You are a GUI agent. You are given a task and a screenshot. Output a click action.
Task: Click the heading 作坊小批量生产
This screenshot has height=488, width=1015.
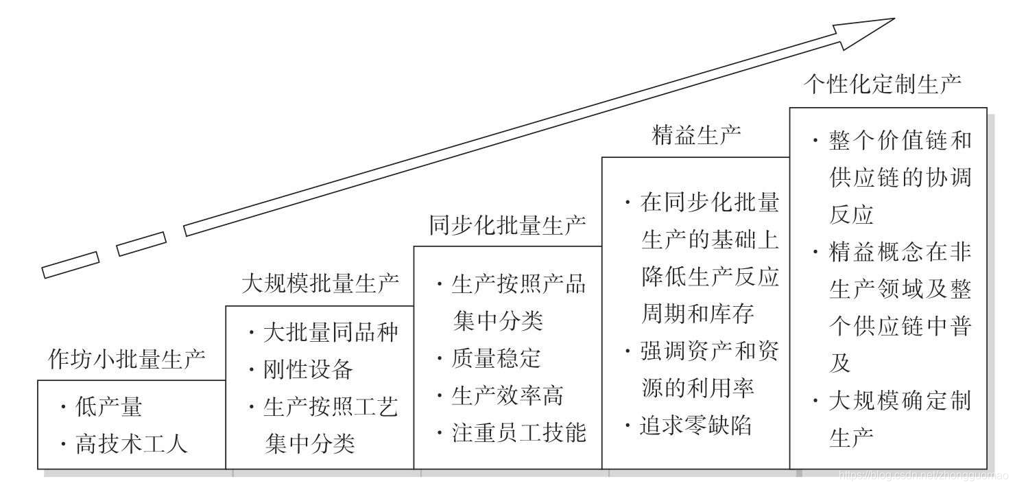pyautogui.click(x=127, y=358)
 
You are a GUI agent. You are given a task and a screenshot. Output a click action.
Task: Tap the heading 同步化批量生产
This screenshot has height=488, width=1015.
pyautogui.click(x=508, y=226)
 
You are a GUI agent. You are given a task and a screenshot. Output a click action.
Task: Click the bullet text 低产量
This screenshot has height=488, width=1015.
pyautogui.click(x=109, y=408)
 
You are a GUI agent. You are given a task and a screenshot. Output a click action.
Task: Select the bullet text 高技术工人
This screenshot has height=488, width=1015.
pyautogui.click(x=131, y=445)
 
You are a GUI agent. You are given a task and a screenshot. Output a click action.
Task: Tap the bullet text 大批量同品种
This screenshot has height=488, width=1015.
pyautogui.click(x=330, y=333)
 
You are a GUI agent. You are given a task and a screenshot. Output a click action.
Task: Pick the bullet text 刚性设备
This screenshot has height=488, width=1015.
pyautogui.click(x=308, y=370)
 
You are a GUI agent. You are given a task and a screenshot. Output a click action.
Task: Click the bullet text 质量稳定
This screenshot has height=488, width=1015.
pyautogui.click(x=496, y=358)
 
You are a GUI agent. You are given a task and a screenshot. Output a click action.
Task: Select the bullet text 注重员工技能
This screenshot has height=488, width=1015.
pyautogui.click(x=518, y=432)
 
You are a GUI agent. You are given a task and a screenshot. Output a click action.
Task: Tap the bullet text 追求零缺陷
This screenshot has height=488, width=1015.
pyautogui.click(x=695, y=426)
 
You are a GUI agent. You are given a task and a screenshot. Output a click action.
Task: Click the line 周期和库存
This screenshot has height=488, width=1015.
pyautogui.click(x=697, y=314)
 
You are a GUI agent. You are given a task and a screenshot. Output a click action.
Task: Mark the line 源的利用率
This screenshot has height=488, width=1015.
pyautogui.click(x=697, y=388)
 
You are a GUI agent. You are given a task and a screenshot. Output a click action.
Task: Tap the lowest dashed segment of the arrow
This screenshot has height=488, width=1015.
pyautogui.click(x=71, y=264)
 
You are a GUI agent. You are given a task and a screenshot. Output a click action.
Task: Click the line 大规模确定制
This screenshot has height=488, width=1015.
pyautogui.click(x=900, y=401)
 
